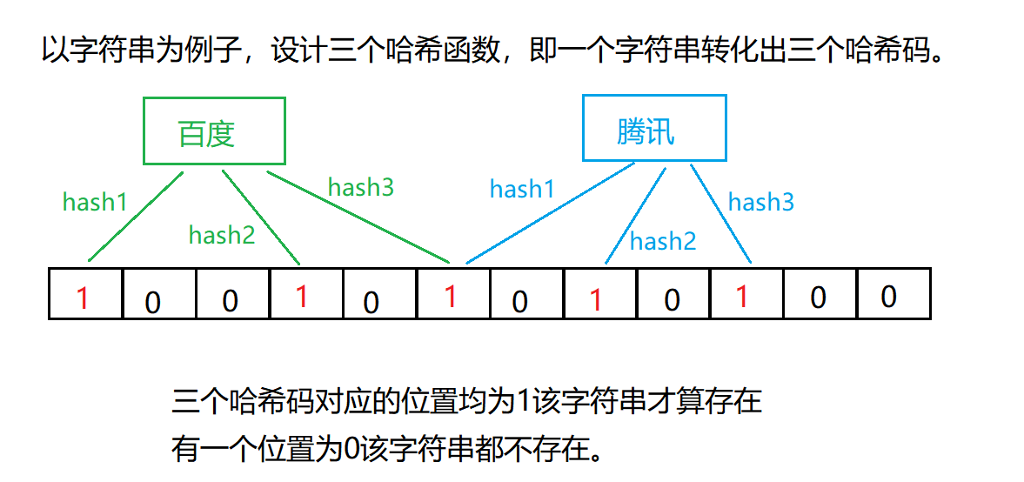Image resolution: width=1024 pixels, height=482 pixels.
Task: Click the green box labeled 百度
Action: pyautogui.click(x=214, y=131)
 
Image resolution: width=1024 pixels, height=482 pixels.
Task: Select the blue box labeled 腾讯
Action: pyautogui.click(x=653, y=129)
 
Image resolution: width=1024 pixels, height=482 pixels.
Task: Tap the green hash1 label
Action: pyautogui.click(x=95, y=202)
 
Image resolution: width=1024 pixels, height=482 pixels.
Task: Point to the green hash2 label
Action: pyautogui.click(x=222, y=234)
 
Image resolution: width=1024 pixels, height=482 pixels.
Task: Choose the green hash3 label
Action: pyautogui.click(x=360, y=187)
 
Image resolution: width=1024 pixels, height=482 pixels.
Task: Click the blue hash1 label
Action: pyautogui.click(x=522, y=189)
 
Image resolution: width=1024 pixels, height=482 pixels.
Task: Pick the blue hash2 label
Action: pyautogui.click(x=663, y=241)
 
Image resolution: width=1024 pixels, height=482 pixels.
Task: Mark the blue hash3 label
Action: pyautogui.click(x=761, y=203)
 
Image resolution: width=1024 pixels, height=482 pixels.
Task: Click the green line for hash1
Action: pyautogui.click(x=135, y=217)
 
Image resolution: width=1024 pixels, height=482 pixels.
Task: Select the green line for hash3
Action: pyautogui.click(x=357, y=218)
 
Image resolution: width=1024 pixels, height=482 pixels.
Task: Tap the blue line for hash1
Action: pyautogui.click(x=548, y=214)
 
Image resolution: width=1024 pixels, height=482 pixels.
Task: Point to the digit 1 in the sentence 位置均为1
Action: pyautogui.click(x=522, y=402)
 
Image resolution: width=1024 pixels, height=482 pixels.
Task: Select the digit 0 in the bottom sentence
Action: pyautogui.click(x=351, y=449)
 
